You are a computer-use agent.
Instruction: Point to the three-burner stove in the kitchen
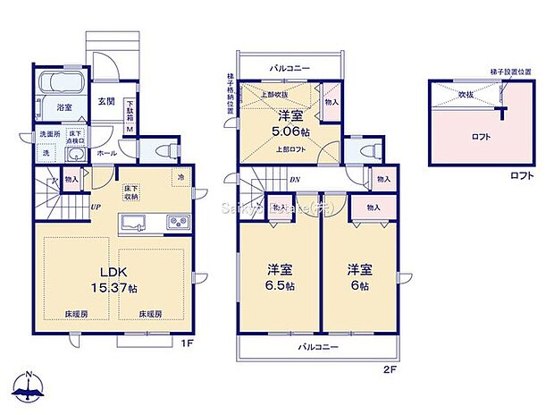pos(172,222)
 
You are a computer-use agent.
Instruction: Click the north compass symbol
pos(29,386)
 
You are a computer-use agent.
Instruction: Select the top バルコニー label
pos(291,66)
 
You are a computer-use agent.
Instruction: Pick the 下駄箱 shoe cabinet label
pos(130,110)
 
